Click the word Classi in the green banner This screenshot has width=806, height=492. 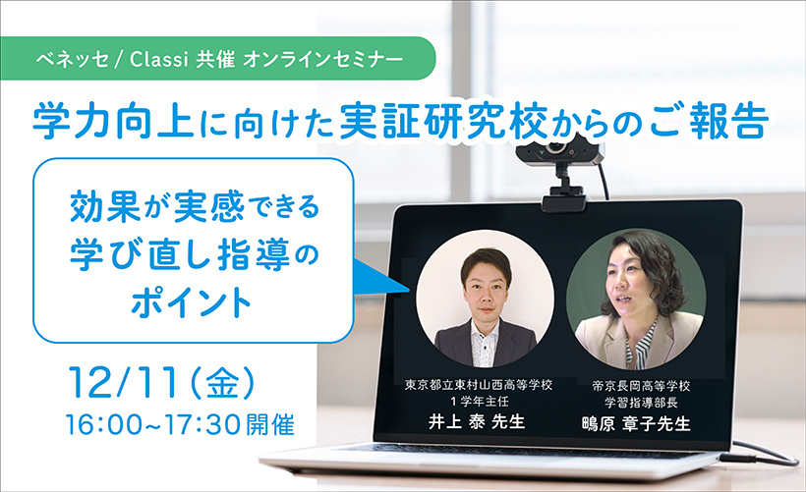(159, 59)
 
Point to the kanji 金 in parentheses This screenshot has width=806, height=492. (222, 383)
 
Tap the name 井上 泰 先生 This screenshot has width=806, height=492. (477, 421)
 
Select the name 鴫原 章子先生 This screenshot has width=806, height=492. (636, 423)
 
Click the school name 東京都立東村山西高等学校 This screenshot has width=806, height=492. (478, 385)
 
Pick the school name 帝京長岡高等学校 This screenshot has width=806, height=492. (641, 386)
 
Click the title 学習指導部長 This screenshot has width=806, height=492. (641, 402)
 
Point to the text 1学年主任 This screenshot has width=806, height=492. (479, 401)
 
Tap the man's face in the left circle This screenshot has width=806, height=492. (485, 294)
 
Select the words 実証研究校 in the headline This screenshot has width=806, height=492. (443, 122)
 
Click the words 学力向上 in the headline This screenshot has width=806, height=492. (113, 122)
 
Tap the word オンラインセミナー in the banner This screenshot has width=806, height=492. (323, 59)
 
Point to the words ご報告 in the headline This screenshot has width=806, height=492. (710, 122)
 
